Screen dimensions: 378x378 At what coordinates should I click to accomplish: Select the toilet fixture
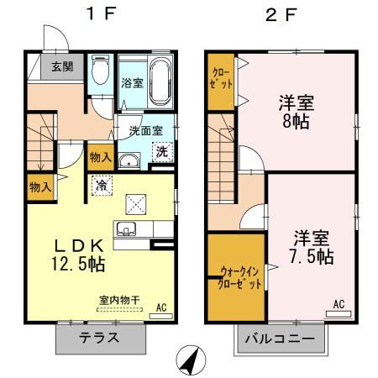click(99, 70)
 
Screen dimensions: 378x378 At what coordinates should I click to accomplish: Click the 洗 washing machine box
click(160, 154)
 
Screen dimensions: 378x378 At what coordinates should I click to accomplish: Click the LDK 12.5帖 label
click(79, 254)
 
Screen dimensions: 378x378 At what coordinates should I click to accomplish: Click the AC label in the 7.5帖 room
click(339, 304)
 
